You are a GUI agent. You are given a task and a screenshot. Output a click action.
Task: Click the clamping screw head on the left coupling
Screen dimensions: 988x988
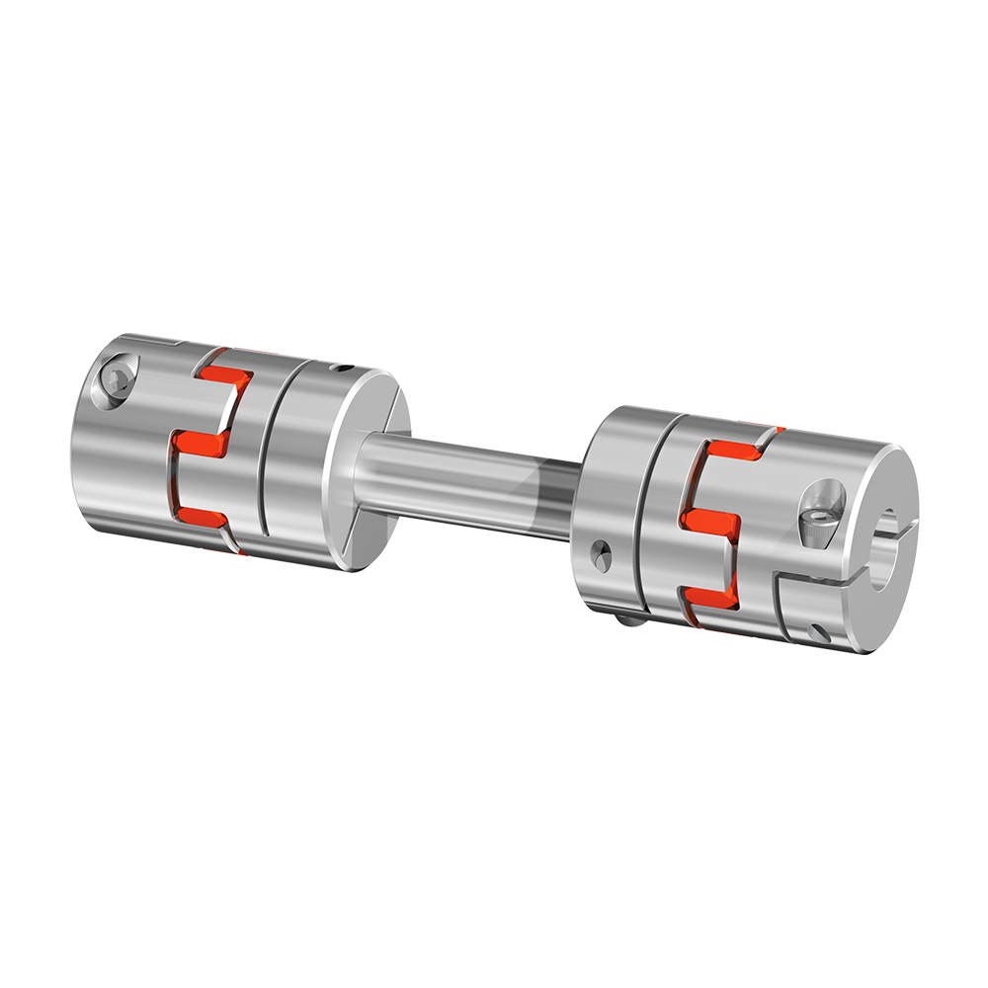click(118, 379)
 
